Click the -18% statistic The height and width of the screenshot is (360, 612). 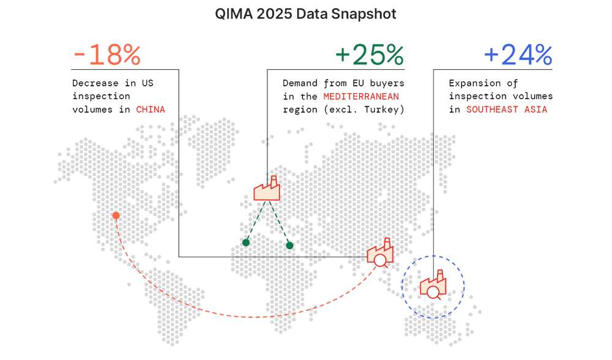pos(106,56)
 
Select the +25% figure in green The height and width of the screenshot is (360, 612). pos(370,56)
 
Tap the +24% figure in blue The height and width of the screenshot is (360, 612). pos(518,56)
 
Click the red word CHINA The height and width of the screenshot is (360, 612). pos(150,110)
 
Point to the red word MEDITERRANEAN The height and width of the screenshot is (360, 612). pos(361,96)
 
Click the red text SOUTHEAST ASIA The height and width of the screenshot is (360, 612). pos(507,110)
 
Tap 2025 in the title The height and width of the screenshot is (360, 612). pos(275,14)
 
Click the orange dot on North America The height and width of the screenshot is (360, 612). pos(116,216)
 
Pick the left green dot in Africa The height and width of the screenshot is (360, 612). pos(246,242)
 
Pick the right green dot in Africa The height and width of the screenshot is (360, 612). pos(289,246)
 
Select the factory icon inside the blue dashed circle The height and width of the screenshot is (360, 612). pos(433,287)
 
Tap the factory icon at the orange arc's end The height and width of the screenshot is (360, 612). pos(380,253)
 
